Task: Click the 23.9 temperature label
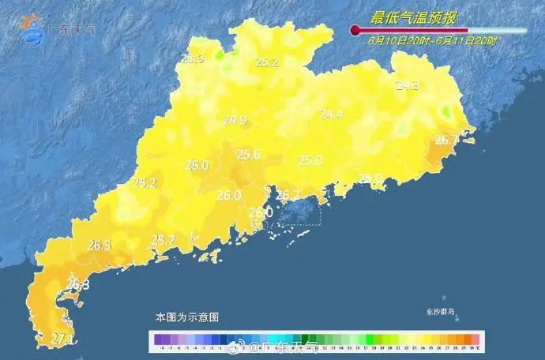coord(193,58)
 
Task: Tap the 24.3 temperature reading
coord(408,84)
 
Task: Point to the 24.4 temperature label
coord(331,114)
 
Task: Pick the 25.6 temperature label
coord(249,155)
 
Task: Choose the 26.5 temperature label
coord(99,246)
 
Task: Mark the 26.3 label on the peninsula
coord(77,284)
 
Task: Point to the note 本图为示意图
coord(186,317)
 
